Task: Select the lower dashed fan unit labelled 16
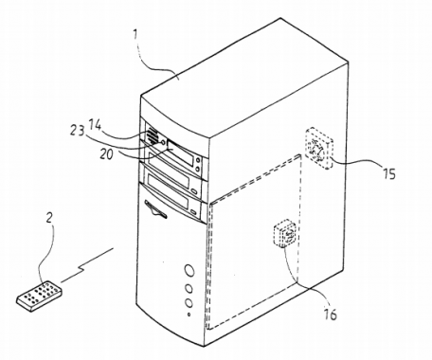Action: [285, 234]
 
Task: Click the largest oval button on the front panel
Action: [190, 269]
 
